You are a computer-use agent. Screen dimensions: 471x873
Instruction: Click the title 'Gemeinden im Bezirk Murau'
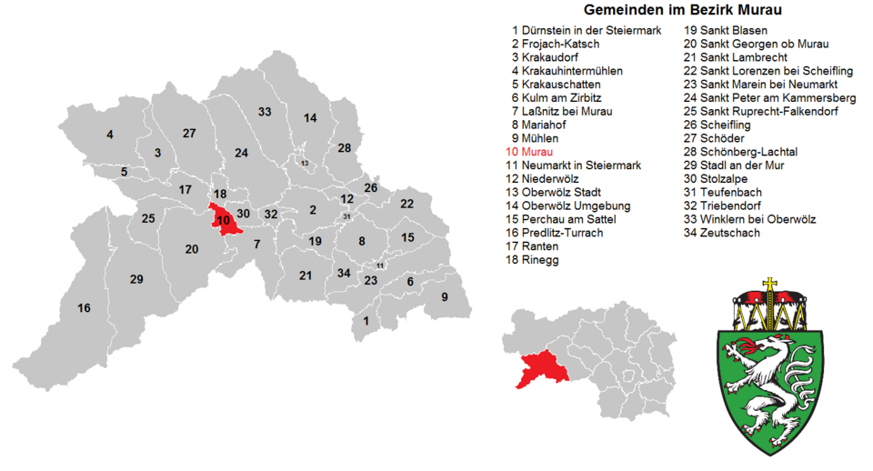coord(683,10)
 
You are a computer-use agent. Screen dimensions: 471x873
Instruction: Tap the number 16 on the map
coord(84,308)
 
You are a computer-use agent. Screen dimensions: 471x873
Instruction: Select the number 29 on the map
coord(136,279)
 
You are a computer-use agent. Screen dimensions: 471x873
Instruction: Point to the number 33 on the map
coord(265,112)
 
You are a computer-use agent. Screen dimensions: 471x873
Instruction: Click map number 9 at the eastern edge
coord(445,296)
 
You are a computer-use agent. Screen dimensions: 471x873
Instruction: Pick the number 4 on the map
coord(110,135)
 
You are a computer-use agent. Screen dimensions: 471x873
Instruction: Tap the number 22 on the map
coord(407,204)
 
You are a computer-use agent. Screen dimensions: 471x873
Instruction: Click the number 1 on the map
coord(366,320)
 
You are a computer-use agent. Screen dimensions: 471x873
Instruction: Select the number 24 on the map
coord(241,153)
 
